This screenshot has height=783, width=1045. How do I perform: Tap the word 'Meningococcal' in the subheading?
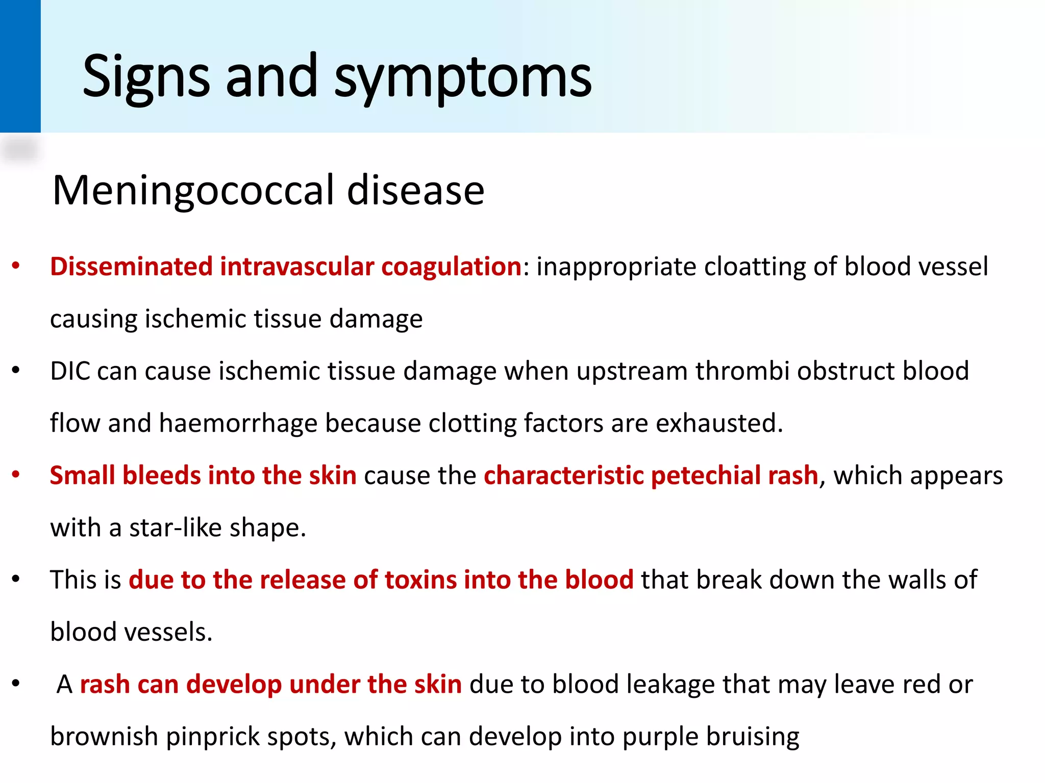[194, 190]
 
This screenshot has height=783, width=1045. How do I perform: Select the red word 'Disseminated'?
[131, 267]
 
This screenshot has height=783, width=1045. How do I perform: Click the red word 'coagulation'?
[451, 267]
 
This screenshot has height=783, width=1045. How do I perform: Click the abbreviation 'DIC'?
[70, 371]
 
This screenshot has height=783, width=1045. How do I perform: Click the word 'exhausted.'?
[719, 423]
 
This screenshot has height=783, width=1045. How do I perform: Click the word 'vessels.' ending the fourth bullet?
[168, 632]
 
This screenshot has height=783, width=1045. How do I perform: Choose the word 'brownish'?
[104, 737]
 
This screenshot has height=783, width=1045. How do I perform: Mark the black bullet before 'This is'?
[16, 580]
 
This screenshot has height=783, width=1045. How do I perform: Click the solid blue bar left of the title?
[20, 66]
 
